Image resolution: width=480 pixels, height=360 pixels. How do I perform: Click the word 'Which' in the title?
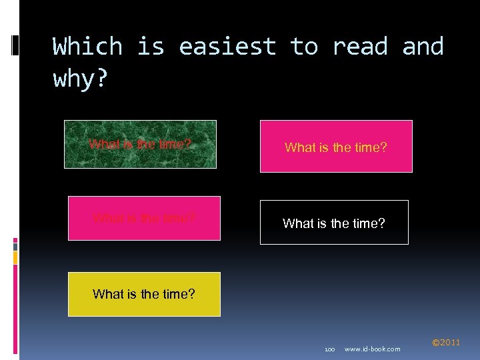tap(87, 47)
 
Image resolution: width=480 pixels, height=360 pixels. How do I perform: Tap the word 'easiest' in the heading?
tap(227, 47)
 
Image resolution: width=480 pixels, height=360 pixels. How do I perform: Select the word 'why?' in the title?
tap(79, 79)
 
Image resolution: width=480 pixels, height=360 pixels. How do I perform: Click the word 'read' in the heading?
tap(359, 47)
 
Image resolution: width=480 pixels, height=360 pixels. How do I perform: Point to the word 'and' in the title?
tap(423, 47)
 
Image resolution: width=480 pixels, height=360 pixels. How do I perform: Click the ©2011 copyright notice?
tap(445, 343)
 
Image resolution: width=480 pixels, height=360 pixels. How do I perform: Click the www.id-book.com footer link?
tap(372, 349)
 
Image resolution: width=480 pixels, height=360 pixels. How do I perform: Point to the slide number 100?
tap(329, 349)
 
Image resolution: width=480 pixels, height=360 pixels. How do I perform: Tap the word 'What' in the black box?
tap(297, 223)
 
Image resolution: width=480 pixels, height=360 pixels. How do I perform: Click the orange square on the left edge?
tap(15, 255)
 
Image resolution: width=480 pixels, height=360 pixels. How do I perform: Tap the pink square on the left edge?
tap(15, 241)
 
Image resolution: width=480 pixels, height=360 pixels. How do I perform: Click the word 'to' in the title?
tap(303, 47)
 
